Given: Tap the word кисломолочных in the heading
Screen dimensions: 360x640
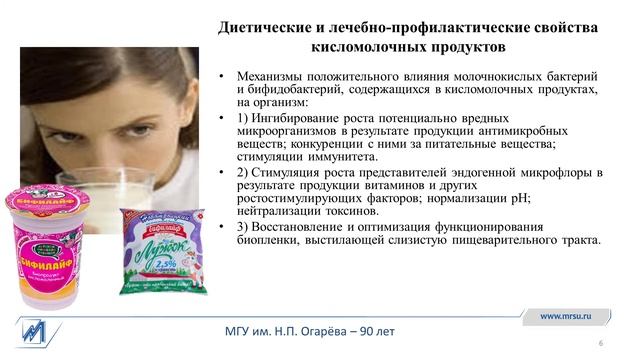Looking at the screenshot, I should (362, 48).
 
